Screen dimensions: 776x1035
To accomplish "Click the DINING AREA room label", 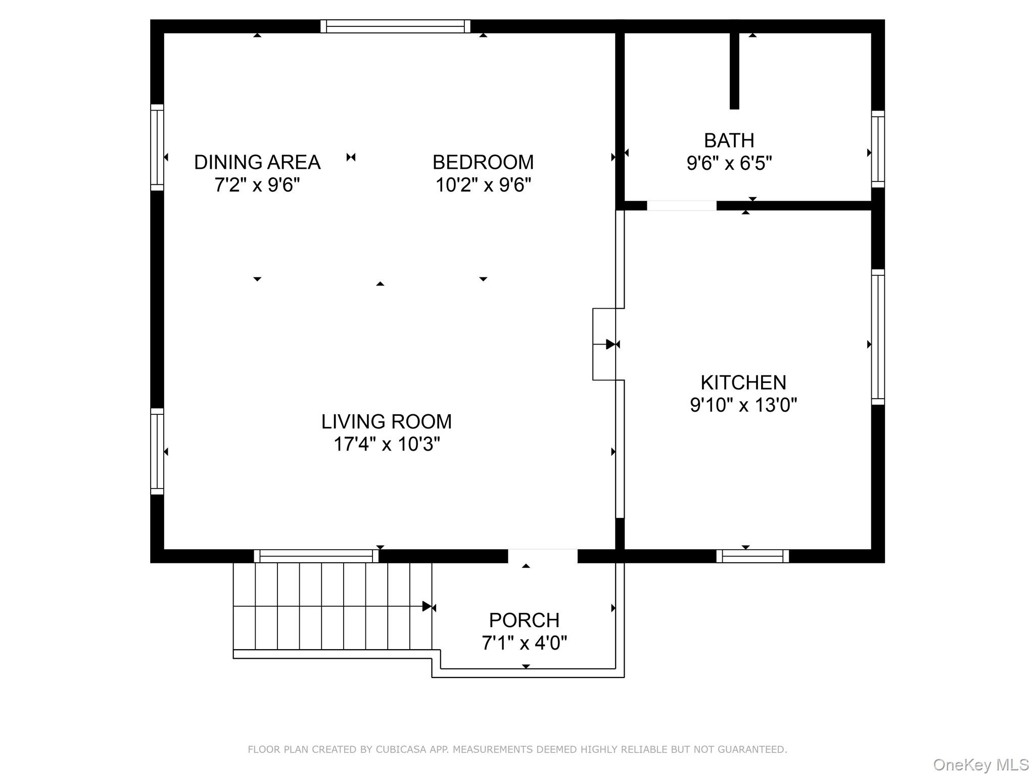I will click(x=257, y=162).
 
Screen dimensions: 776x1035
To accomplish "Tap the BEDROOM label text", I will click(x=483, y=162).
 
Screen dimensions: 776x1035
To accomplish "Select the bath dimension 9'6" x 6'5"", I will click(x=729, y=163).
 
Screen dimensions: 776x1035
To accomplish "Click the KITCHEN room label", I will click(x=743, y=382).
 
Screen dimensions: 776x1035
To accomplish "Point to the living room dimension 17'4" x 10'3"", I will click(x=387, y=444).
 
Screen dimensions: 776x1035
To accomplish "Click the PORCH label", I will click(x=524, y=620).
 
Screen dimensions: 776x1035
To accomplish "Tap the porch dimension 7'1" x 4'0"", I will click(x=524, y=643).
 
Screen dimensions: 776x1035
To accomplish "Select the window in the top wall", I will click(x=395, y=26).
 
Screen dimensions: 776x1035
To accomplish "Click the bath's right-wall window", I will click(x=878, y=149).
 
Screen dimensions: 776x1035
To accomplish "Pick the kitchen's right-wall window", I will click(x=878, y=337).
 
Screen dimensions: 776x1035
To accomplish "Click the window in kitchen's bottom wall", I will click(x=752, y=556).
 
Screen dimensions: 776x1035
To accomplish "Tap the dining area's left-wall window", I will click(x=157, y=148).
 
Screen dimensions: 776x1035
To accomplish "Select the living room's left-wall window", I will click(x=157, y=451).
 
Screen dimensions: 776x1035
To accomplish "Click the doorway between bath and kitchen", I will click(x=681, y=206).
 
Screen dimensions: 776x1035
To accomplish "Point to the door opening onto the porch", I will click(x=542, y=555).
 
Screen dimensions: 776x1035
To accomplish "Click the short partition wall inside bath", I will click(x=734, y=71).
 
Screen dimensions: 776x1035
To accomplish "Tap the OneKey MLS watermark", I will click(x=980, y=765).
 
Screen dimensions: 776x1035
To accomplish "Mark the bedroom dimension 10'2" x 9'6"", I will click(x=483, y=185).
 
